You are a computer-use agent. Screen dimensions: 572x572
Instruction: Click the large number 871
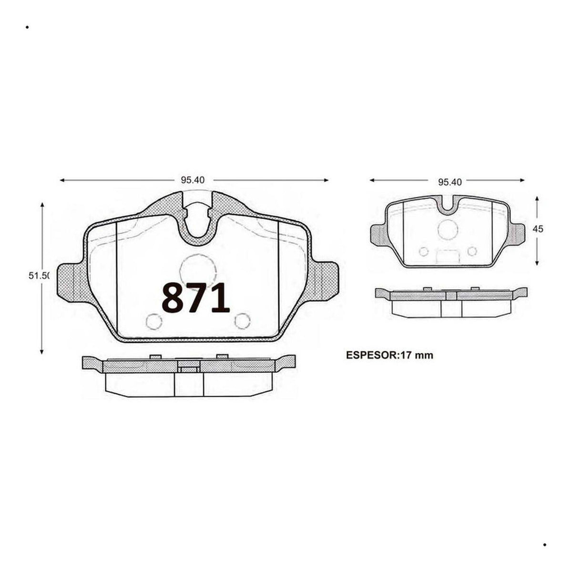point(195,298)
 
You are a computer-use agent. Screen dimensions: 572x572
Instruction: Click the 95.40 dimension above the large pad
point(193,180)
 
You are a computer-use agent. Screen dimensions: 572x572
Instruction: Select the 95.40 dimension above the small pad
point(450,182)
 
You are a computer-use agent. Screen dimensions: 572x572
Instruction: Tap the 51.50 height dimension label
point(38,276)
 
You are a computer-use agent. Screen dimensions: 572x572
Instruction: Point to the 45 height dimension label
point(538,229)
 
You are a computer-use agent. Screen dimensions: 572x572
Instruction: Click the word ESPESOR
point(371,355)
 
